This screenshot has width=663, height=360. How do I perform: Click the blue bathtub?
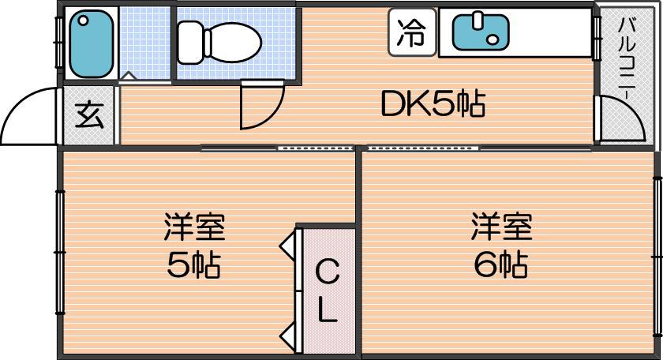(x=92, y=43)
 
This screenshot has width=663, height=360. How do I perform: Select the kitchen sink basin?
(x=481, y=32)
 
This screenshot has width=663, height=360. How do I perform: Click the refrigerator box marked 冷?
(x=412, y=32)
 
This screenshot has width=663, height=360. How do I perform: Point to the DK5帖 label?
(x=433, y=103)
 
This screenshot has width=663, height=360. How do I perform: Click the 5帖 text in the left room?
(x=193, y=265)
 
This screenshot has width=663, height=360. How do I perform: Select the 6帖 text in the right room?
(x=500, y=264)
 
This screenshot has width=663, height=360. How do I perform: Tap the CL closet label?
(x=328, y=291)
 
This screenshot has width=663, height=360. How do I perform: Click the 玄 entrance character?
(x=89, y=114)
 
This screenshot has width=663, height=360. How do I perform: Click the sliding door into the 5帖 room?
(x=316, y=148)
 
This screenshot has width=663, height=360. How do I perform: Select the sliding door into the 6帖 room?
(x=423, y=148)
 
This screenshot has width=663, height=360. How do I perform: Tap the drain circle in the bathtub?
(x=84, y=20)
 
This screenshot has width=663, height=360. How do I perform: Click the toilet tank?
(x=190, y=43)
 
